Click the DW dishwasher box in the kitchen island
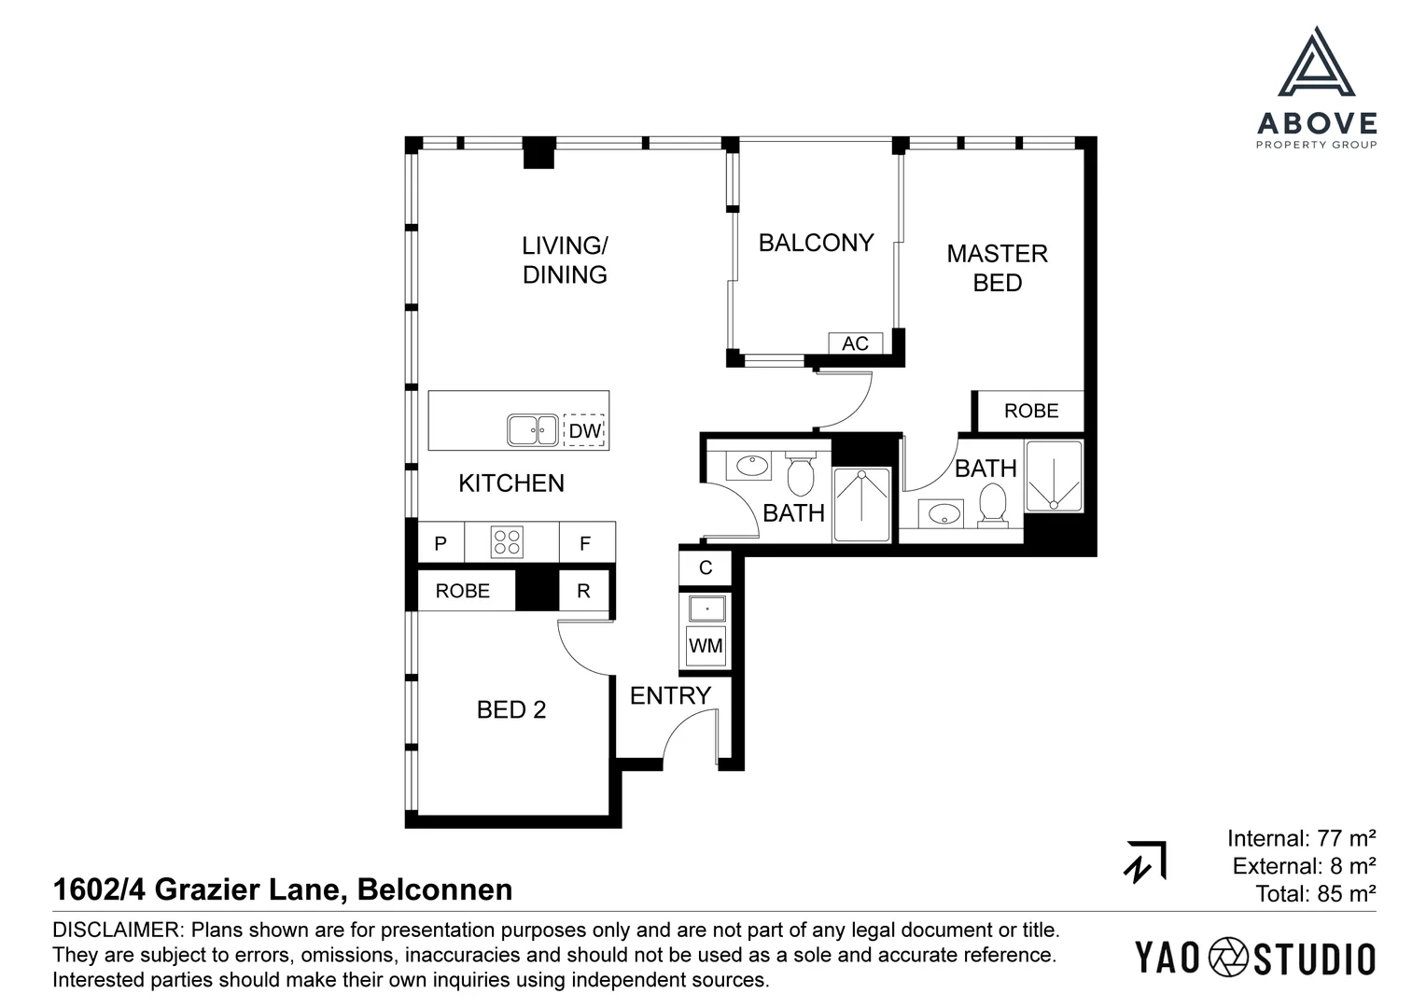pyautogui.click(x=584, y=430)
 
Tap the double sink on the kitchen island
pyautogui.click(x=533, y=430)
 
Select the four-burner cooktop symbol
pyautogui.click(x=507, y=542)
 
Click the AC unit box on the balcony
pyautogui.click(x=855, y=343)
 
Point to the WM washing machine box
pyautogui.click(x=706, y=646)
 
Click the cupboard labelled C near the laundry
pyautogui.click(x=706, y=567)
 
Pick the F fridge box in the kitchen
pyautogui.click(x=585, y=543)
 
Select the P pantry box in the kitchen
pyautogui.click(x=440, y=543)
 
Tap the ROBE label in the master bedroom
pyautogui.click(x=1031, y=411)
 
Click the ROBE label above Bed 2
pyautogui.click(x=463, y=591)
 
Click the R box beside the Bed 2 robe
pyautogui.click(x=583, y=591)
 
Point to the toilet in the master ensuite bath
pyautogui.click(x=992, y=506)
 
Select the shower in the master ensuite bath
pyautogui.click(x=1054, y=476)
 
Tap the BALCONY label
pyautogui.click(x=816, y=243)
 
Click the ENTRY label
pyautogui.click(x=670, y=695)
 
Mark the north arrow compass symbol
pyautogui.click(x=1144, y=861)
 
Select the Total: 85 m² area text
pyautogui.click(x=1315, y=894)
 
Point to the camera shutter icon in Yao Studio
pyautogui.click(x=1228, y=959)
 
